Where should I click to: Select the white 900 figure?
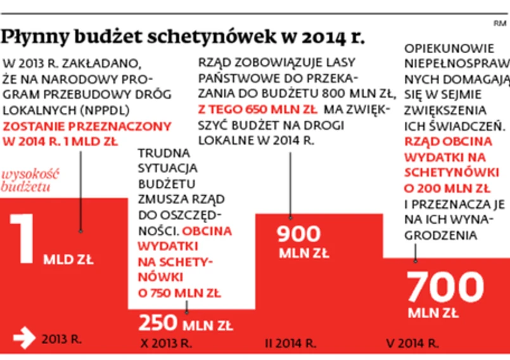[x=299, y=235]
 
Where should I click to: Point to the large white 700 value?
[x=445, y=288]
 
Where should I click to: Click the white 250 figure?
[x=158, y=323]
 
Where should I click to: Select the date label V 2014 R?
[x=412, y=344]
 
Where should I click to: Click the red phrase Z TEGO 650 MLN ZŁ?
[x=238, y=109]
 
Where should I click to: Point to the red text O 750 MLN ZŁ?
[x=179, y=293]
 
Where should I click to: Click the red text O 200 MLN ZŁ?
[x=447, y=188]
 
